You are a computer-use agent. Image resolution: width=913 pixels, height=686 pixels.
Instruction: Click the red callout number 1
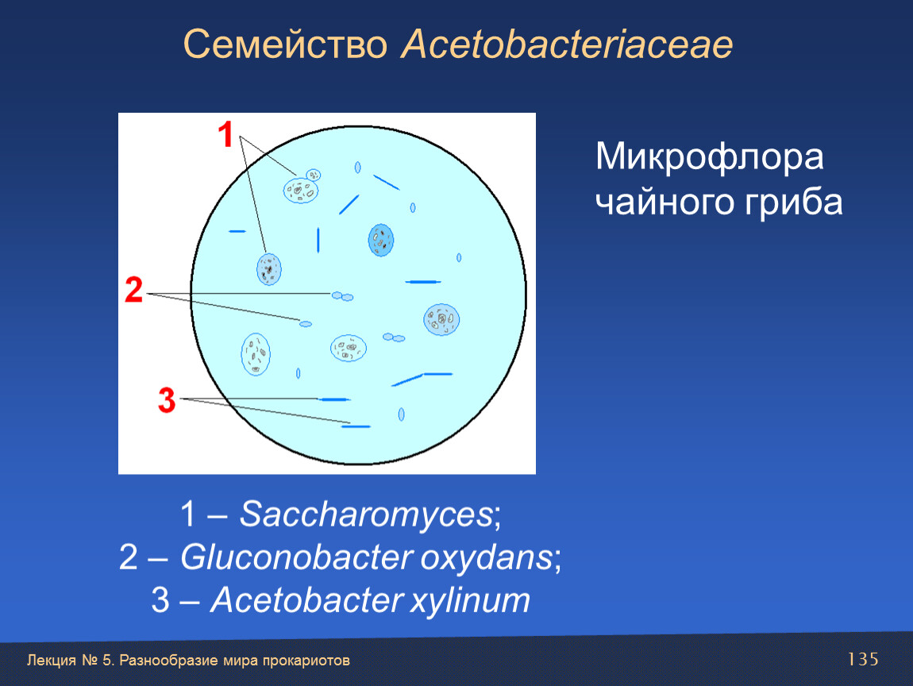(225, 134)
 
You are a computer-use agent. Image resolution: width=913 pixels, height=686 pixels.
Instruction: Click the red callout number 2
(134, 290)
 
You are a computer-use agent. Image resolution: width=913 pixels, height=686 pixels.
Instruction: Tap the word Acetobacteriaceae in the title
(567, 44)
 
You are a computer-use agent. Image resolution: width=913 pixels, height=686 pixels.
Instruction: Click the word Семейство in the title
(285, 44)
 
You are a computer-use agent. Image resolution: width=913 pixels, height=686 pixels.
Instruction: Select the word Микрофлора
(709, 157)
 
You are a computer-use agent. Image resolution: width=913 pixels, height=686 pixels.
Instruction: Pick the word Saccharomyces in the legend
(366, 514)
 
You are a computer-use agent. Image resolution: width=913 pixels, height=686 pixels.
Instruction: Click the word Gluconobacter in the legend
(297, 557)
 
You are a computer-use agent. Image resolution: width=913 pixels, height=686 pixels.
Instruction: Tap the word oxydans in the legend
(486, 558)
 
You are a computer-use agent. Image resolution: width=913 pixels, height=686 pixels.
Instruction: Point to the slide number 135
(862, 659)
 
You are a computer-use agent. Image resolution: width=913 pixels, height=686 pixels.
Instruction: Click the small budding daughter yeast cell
(314, 175)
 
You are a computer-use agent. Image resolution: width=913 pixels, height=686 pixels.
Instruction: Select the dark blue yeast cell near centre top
(381, 240)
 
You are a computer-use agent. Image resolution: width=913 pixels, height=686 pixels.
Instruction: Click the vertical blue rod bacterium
(318, 240)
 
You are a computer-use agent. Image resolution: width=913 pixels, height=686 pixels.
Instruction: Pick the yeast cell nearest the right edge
(441, 320)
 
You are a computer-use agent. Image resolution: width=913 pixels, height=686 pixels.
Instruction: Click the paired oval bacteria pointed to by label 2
(342, 296)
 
